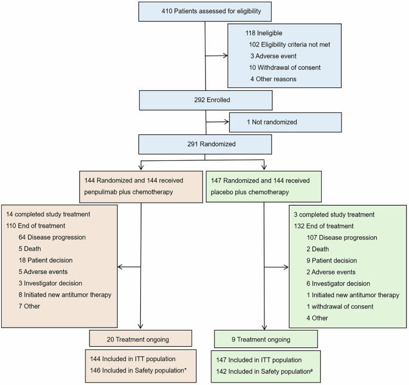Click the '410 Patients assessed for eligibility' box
coord(205,11)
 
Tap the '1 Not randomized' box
coord(285,122)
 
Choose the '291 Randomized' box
coord(205,144)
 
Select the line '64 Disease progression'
coord(51,237)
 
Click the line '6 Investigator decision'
coord(339,283)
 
